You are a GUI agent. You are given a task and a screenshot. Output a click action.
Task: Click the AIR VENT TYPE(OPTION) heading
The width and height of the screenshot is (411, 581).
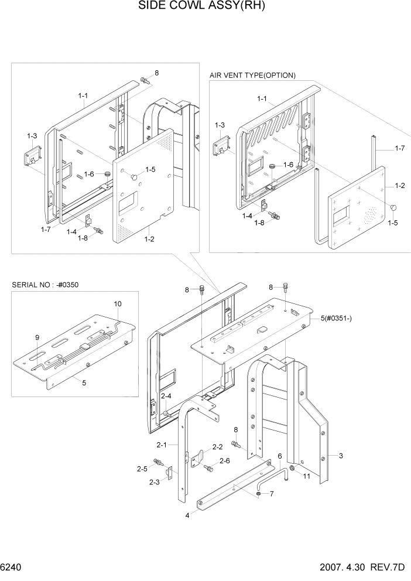[252, 75]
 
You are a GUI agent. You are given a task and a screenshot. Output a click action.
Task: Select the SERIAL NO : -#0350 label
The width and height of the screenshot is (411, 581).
[45, 285]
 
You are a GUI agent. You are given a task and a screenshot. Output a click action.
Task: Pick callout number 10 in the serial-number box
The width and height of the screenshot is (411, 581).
[118, 303]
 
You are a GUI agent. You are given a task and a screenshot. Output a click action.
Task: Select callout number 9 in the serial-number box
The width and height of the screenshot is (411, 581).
[37, 337]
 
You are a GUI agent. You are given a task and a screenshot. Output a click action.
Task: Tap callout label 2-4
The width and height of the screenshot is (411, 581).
[166, 397]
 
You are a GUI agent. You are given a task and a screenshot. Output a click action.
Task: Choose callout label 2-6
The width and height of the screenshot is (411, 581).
[224, 461]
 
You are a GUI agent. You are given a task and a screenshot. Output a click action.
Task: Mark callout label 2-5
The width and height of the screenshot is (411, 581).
[142, 469]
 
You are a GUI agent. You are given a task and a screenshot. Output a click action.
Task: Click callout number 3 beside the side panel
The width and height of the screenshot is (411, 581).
[339, 454]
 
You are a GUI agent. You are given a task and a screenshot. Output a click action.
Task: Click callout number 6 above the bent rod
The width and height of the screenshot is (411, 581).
[280, 456]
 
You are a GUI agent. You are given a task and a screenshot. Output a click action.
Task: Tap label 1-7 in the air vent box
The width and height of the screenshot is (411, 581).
[399, 149]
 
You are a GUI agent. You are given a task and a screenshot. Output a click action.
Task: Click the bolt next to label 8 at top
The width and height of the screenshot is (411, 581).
[145, 80]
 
